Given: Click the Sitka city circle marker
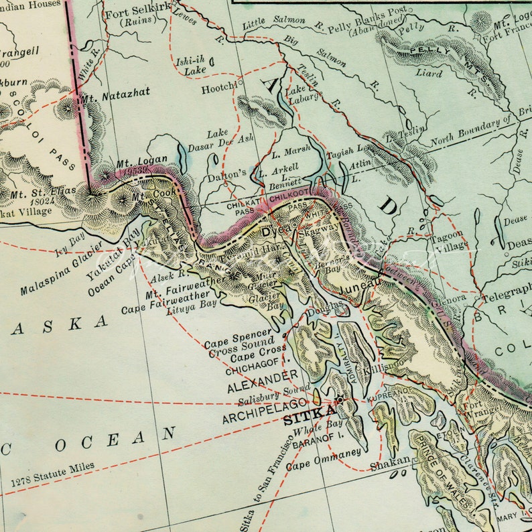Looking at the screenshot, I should (340, 400).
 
